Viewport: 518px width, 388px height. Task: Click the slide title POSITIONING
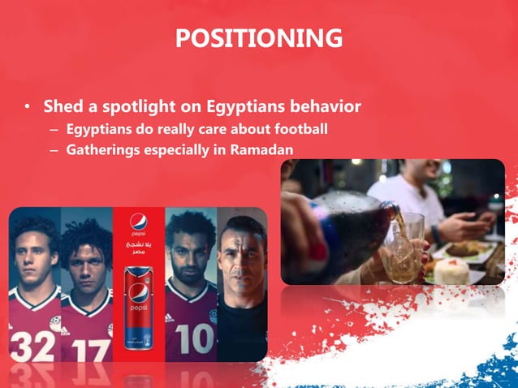coord(258,37)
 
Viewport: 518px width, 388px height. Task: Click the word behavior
coord(323,106)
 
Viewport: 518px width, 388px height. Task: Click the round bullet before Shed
coord(28,107)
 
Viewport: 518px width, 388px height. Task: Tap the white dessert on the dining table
coord(451,269)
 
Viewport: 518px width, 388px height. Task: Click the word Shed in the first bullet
coord(61,106)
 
